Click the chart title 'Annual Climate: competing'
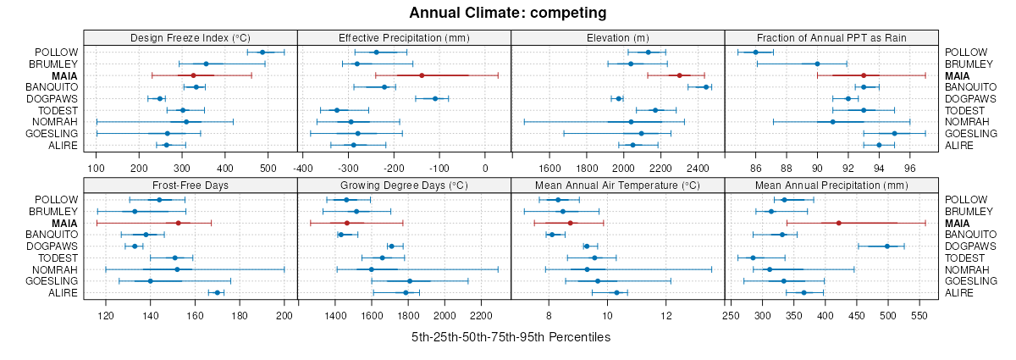tap(508, 13)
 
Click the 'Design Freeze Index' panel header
tap(190, 37)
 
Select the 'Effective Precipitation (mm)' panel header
tap(404, 37)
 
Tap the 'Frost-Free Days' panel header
tap(190, 184)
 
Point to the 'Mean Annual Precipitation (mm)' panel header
tap(831, 184)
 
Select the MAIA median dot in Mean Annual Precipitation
tap(838, 223)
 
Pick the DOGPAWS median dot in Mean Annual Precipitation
tap(887, 246)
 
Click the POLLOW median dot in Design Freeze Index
tap(262, 53)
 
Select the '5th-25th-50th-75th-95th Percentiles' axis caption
tap(511, 337)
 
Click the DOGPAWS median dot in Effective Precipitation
tap(436, 99)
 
